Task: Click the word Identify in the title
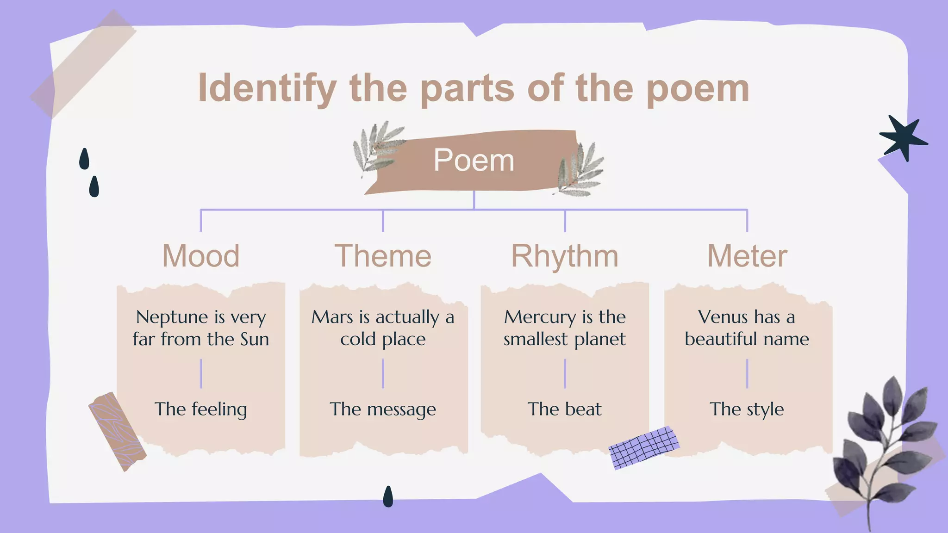pos(267,88)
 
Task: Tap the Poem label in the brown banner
pos(474,161)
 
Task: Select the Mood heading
pos(201,256)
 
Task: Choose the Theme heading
pos(383,256)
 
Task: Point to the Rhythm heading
pos(565,256)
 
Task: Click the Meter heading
pos(747,256)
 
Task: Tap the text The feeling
pos(201,409)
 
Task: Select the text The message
pos(383,409)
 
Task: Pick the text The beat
pos(565,409)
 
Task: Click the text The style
pos(747,409)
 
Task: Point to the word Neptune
pos(172,317)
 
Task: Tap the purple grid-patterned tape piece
pos(643,447)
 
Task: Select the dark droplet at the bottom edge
pos(388,496)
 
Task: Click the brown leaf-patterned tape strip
pos(118,431)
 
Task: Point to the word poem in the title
pos(698,88)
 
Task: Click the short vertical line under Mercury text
pos(565,373)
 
